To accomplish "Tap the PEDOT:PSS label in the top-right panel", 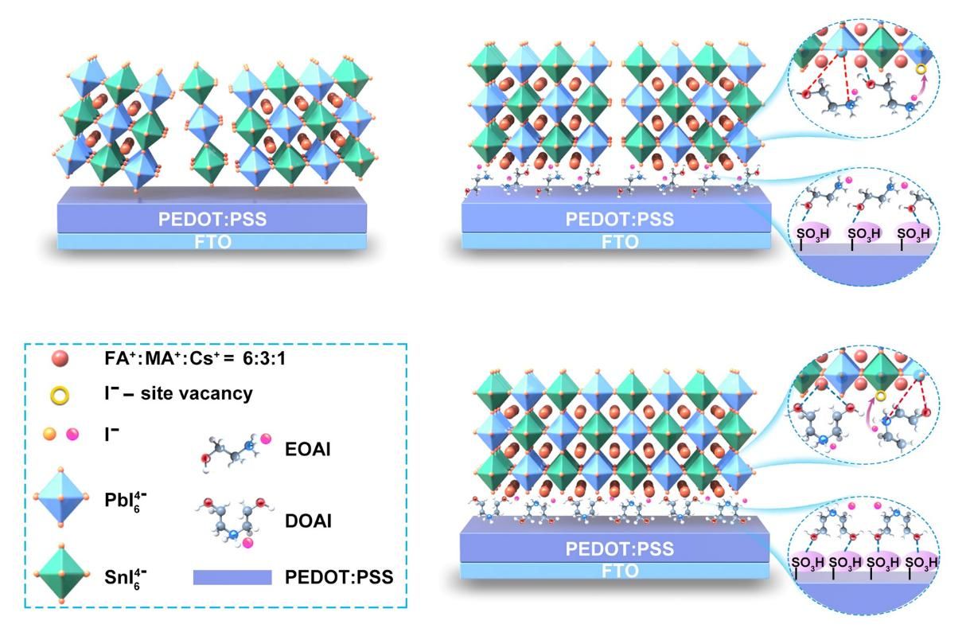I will pyautogui.click(x=619, y=219).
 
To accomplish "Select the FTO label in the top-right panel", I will pyautogui.click(x=619, y=242).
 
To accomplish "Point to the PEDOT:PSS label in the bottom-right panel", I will pyautogui.click(x=619, y=548).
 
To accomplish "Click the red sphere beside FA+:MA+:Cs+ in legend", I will pyautogui.click(x=58, y=360).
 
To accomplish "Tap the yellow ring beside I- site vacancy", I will pyautogui.click(x=58, y=392).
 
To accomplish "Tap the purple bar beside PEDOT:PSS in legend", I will pyautogui.click(x=232, y=577).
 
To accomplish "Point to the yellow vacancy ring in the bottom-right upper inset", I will pyautogui.click(x=881, y=396).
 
